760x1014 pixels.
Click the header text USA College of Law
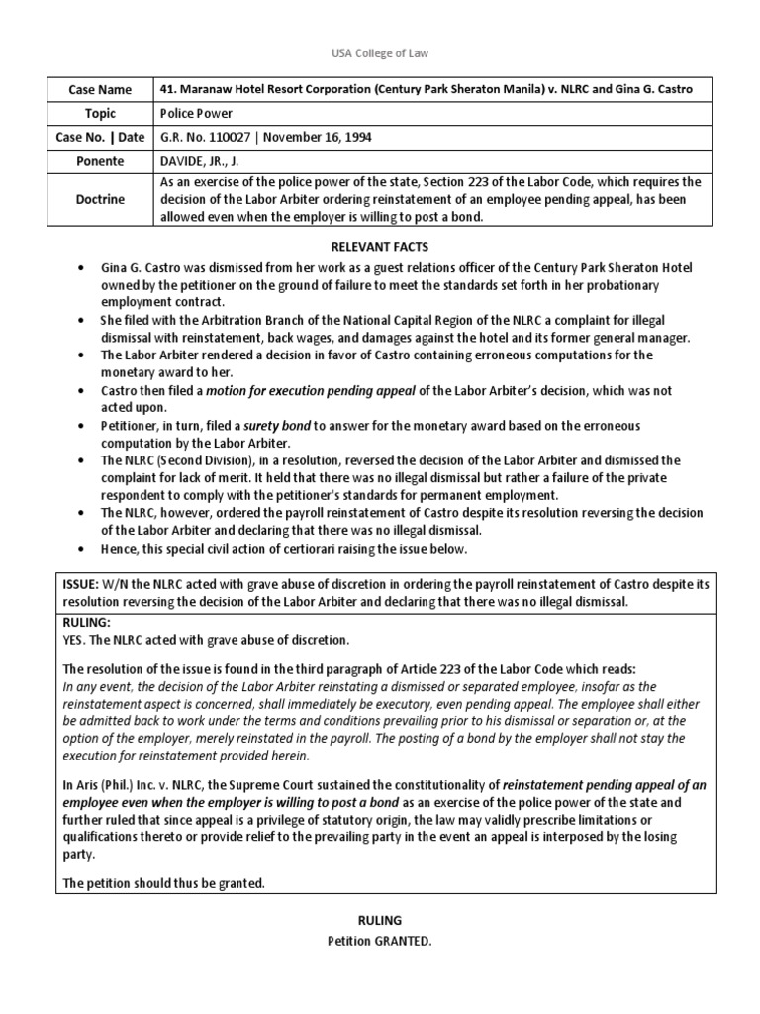click(380, 52)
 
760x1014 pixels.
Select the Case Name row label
click(97, 89)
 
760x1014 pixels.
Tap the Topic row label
click(97, 113)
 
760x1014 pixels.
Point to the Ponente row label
click(97, 160)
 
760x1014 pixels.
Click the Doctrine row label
click(97, 199)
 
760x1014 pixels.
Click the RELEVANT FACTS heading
click(379, 246)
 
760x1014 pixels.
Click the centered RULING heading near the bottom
click(379, 919)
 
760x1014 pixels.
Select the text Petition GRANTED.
click(379, 941)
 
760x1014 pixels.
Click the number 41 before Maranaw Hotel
click(166, 89)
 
